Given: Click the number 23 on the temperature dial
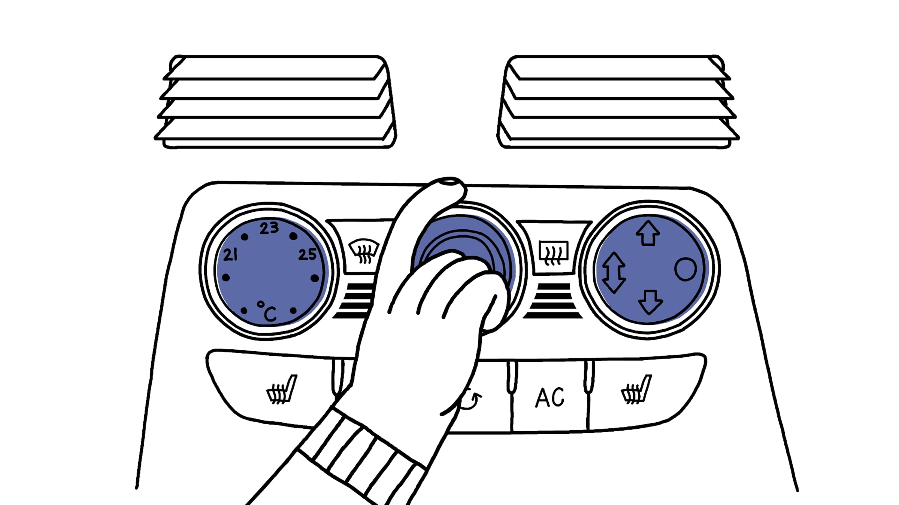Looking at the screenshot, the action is (x=269, y=228).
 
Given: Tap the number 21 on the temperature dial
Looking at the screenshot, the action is (x=230, y=255).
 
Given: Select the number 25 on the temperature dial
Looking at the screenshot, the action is (x=308, y=254).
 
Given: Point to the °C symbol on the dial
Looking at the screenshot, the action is (x=267, y=312).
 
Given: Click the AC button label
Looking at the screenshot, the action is (x=550, y=397).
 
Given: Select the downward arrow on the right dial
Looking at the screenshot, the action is (x=650, y=302).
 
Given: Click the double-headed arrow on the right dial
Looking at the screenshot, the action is (x=614, y=272).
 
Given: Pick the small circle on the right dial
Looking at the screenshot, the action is (x=685, y=269).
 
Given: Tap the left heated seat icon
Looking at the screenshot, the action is (x=281, y=390).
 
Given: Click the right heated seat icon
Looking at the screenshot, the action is (x=636, y=390).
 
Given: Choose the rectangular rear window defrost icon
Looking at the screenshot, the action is (x=554, y=252).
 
